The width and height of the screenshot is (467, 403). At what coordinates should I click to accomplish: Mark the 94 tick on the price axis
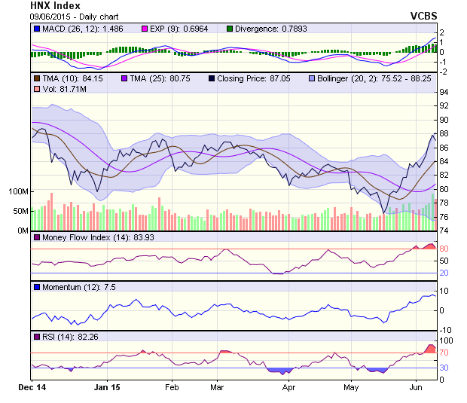click(444, 92)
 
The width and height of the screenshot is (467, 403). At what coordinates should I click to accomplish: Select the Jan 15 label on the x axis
click(108, 388)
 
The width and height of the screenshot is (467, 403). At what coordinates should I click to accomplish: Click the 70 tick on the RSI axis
click(444, 352)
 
